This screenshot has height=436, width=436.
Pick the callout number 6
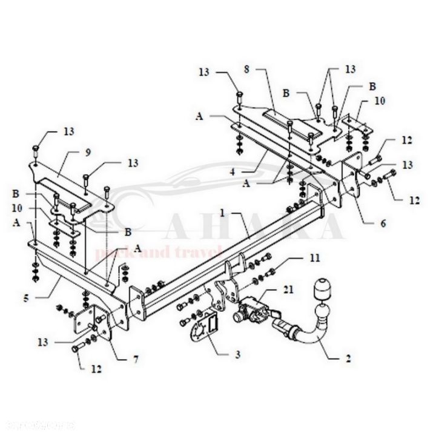[382, 222]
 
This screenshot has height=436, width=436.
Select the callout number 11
[314, 259]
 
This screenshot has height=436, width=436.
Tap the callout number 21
[288, 290]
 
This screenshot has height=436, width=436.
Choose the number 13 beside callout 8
[204, 72]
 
